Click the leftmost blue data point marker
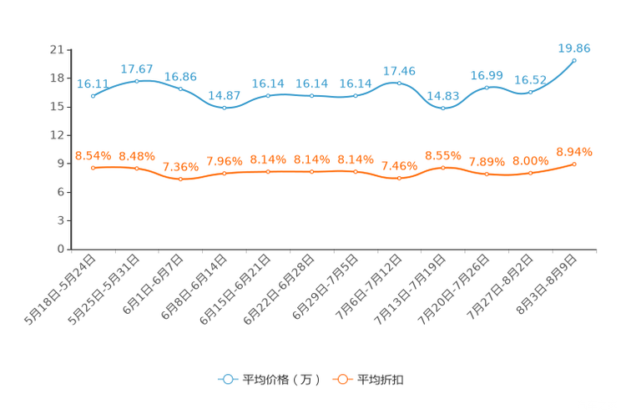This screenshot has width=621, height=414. click(x=93, y=95)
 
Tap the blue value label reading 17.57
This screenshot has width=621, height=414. click(x=136, y=68)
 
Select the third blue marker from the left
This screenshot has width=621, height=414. click(x=180, y=88)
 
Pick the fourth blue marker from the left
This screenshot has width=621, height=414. click(x=224, y=108)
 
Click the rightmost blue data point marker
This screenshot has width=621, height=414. click(x=574, y=60)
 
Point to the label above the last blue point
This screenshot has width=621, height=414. click(x=574, y=48)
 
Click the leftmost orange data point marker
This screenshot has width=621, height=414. click(x=93, y=168)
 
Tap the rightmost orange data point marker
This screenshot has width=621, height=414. click(x=574, y=164)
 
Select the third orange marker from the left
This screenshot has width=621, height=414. click(x=180, y=179)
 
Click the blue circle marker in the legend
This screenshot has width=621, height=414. click(x=227, y=380)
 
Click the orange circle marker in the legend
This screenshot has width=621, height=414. click(x=341, y=380)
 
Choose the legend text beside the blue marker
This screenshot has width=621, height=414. click(x=280, y=380)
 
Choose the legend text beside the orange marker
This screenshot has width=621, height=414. click(x=381, y=380)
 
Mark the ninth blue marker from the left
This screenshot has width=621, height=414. click(x=443, y=108)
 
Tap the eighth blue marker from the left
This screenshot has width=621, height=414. click(x=399, y=83)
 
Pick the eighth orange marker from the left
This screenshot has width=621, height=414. click(x=399, y=179)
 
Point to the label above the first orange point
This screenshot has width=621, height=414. click(x=93, y=154)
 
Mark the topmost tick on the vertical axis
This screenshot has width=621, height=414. click(x=68, y=50)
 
